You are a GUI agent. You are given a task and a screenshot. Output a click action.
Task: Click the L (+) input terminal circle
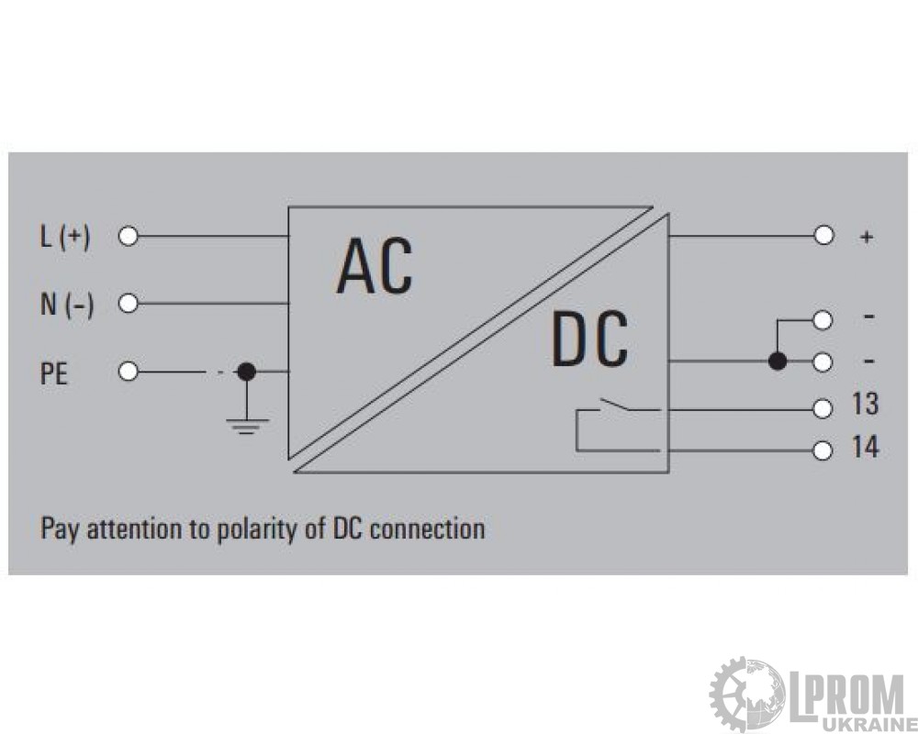point(128,237)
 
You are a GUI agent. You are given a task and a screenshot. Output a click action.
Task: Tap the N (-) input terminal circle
point(128,304)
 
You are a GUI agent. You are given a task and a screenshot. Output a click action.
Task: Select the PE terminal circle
point(128,372)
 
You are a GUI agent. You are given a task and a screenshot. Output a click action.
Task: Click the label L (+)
point(65,237)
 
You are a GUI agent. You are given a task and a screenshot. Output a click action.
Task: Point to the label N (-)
point(67,305)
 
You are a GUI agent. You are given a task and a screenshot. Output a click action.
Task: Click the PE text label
point(54,373)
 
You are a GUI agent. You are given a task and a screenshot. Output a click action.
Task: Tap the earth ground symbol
point(247,426)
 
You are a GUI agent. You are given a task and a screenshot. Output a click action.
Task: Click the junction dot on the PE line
point(246,371)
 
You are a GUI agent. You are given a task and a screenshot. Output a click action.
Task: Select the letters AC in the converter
point(375,265)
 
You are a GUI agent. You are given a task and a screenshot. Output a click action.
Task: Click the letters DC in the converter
point(589,339)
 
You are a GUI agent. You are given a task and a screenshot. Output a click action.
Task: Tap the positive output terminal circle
point(823,235)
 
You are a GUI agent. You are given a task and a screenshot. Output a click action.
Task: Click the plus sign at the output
point(867,237)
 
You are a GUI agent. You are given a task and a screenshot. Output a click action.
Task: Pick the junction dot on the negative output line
point(778,361)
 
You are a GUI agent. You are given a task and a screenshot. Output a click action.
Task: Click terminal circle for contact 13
point(823,408)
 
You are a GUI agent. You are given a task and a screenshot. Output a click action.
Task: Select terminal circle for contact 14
point(823,450)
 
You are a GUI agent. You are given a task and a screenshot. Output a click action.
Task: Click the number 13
point(866,404)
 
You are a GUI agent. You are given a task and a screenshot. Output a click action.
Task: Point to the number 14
point(866,447)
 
